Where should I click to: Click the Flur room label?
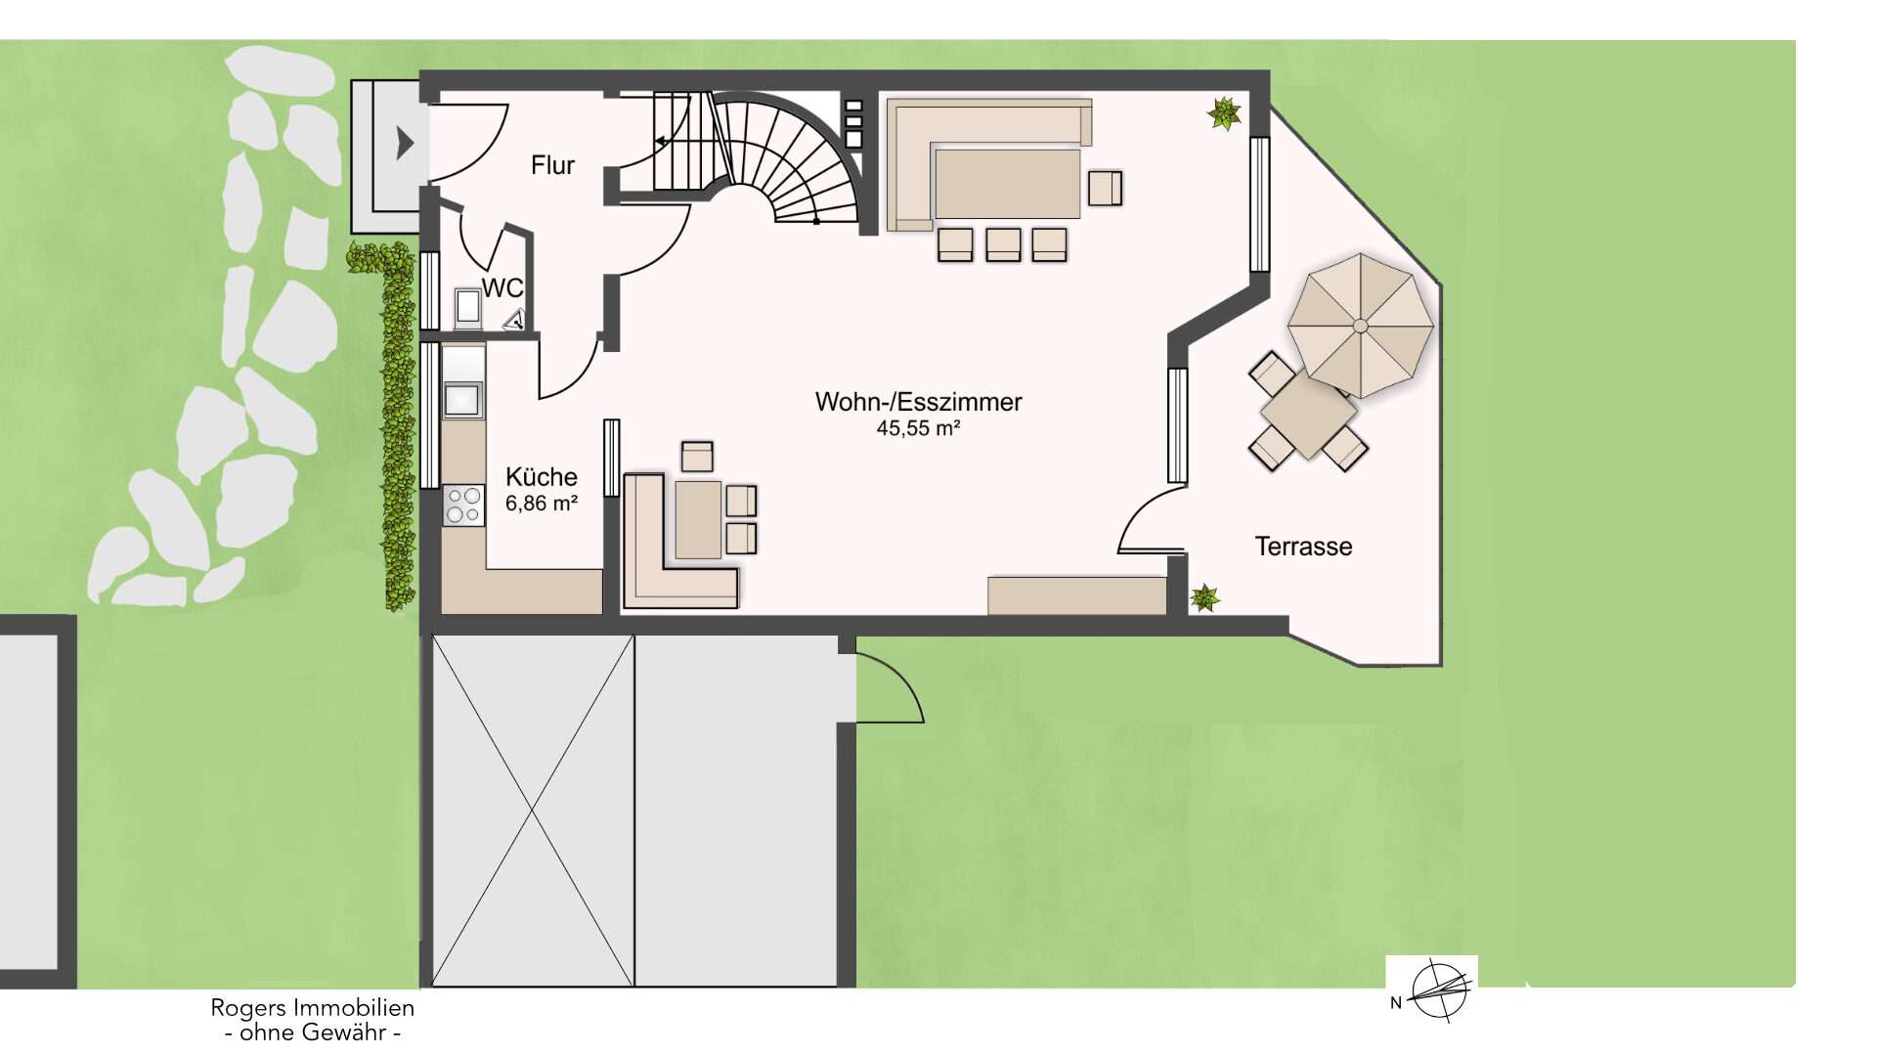pyautogui.click(x=552, y=165)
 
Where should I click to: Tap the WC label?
pyautogui.click(x=502, y=287)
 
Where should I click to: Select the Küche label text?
pyautogui.click(x=542, y=476)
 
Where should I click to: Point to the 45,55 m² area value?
pyautogui.click(x=918, y=428)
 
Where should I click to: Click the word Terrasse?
pyautogui.click(x=1303, y=546)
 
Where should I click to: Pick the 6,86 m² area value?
pyautogui.click(x=542, y=504)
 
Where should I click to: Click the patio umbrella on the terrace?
pyautogui.click(x=1360, y=325)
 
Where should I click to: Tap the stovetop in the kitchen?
pyautogui.click(x=463, y=506)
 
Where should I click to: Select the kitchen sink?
pyautogui.click(x=462, y=400)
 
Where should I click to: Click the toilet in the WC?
pyautogui.click(x=467, y=308)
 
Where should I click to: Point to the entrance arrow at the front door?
pyautogui.click(x=405, y=143)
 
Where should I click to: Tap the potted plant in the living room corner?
pyautogui.click(x=1224, y=113)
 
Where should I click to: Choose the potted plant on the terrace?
pyautogui.click(x=1204, y=597)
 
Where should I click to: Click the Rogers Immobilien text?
pyautogui.click(x=313, y=1007)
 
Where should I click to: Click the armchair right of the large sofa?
pyautogui.click(x=1105, y=188)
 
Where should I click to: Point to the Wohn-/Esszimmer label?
pyautogui.click(x=919, y=402)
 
